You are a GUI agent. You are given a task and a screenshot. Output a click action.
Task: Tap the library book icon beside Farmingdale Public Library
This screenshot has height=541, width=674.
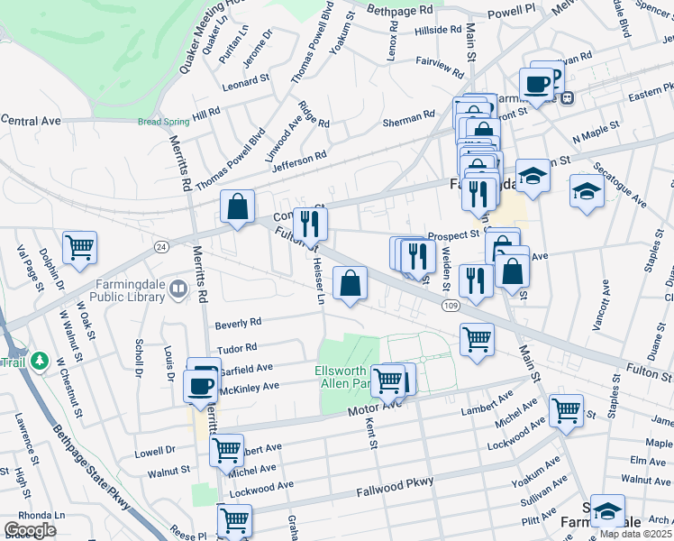178,289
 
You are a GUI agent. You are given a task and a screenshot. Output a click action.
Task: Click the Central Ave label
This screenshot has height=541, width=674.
31,120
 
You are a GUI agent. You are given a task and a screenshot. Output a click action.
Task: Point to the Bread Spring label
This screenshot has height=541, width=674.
163,122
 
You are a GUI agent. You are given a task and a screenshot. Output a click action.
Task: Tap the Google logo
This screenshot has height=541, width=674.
30,530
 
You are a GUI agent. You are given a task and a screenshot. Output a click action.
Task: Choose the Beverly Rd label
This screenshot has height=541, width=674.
238,322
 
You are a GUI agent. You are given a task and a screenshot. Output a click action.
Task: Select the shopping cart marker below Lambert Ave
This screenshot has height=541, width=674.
566,410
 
